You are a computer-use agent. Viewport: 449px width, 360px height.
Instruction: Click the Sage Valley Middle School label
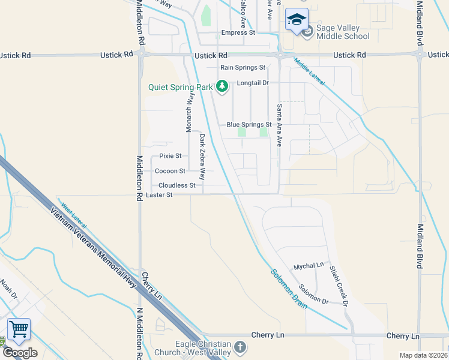[343, 32]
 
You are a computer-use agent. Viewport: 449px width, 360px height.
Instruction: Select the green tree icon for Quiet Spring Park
[222, 86]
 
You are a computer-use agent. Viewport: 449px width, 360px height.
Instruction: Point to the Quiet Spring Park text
[181, 87]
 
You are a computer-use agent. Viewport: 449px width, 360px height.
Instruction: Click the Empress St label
[238, 32]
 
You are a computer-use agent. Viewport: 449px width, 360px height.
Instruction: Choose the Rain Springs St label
[243, 68]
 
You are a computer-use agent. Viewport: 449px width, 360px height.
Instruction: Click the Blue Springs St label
[249, 125]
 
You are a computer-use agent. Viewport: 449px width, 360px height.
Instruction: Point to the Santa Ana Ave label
[279, 125]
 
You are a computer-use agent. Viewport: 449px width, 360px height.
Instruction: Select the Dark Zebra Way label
[203, 157]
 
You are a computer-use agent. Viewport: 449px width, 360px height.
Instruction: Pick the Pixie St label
[170, 156]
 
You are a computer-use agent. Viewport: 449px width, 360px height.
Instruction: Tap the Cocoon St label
[170, 171]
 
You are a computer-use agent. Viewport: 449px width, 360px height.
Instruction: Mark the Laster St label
[159, 195]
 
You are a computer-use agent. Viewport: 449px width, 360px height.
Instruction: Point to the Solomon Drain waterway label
[289, 288]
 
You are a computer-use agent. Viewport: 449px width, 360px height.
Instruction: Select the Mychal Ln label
[309, 266]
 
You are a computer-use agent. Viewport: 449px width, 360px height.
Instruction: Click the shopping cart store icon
[19, 329]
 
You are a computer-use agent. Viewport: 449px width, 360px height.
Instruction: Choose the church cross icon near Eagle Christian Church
[240, 347]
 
